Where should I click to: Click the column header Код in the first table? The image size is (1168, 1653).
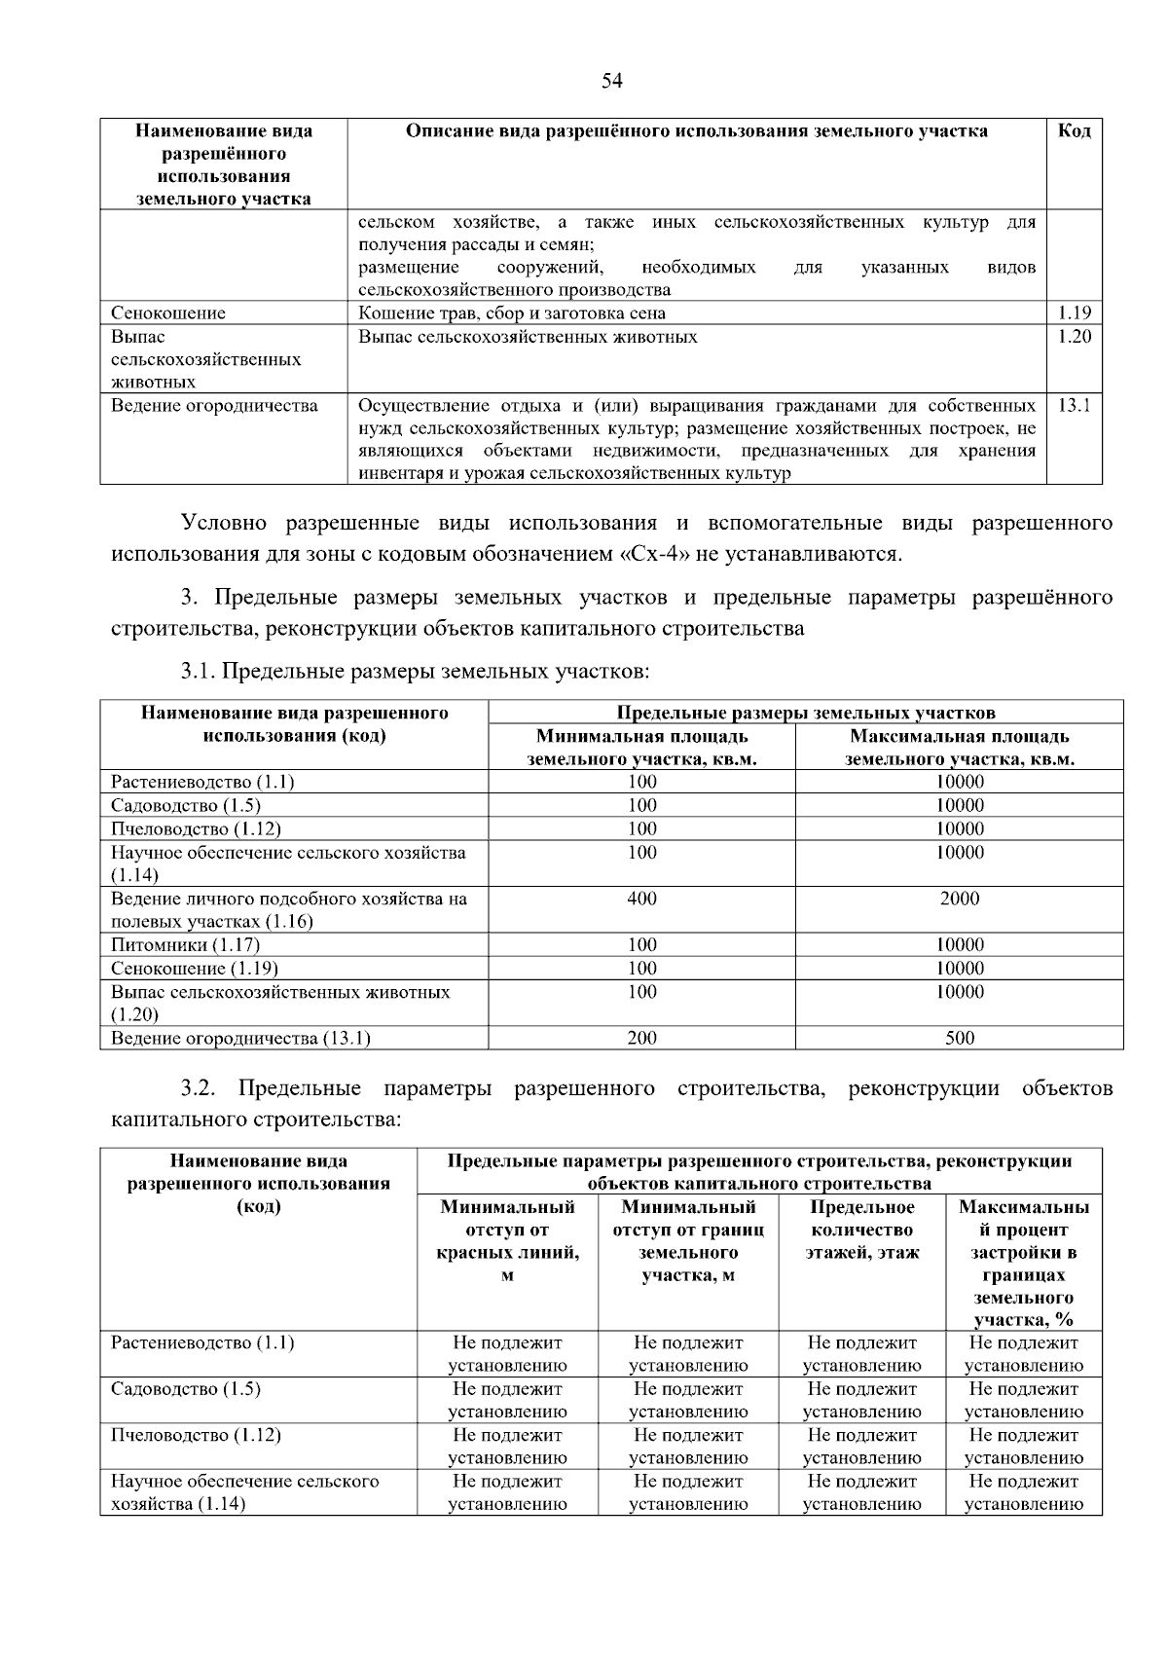1074,131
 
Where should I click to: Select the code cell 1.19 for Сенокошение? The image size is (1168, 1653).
1074,312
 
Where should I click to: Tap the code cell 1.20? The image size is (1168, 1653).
1074,337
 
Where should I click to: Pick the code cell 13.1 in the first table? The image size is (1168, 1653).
1074,405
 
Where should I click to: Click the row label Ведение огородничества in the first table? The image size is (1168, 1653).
214,405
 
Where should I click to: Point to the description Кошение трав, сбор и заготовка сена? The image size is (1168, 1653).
512,312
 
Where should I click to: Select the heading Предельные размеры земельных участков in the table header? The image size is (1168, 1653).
805,713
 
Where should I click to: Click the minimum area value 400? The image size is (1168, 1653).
641,899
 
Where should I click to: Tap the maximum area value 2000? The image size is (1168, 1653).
959,899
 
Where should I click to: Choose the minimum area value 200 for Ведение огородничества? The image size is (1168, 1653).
641,1038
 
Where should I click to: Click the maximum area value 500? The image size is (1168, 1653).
959,1038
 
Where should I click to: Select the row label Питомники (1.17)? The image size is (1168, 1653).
185,944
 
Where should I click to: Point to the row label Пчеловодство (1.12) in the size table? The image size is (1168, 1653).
196,828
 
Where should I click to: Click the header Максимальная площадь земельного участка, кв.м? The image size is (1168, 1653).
959,748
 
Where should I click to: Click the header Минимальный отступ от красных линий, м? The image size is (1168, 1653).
507,1241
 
